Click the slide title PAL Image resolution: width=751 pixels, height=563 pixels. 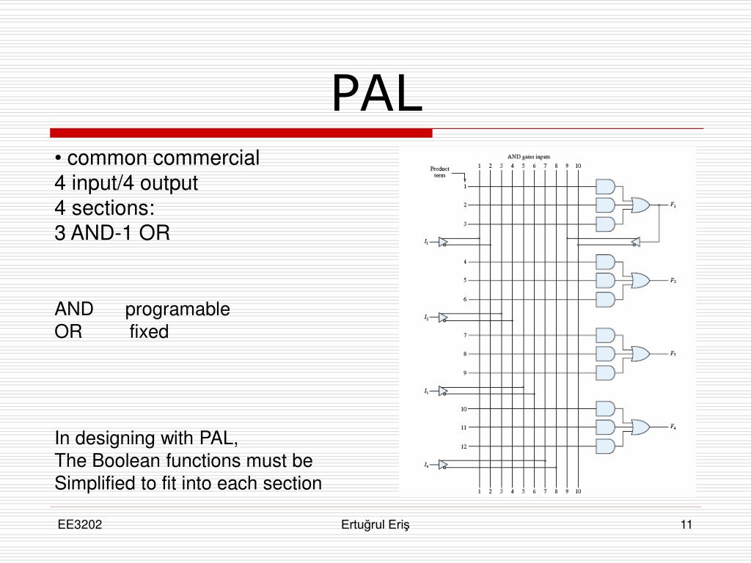377,95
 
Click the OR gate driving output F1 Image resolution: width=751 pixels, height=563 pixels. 639,205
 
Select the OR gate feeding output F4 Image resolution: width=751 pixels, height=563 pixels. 639,427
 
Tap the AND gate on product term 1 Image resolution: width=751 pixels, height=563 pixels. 605,186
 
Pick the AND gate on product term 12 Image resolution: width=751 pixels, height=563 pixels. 605,446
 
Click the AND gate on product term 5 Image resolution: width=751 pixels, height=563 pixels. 605,280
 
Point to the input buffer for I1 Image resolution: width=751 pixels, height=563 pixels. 443,242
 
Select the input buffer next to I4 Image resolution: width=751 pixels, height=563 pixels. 443,464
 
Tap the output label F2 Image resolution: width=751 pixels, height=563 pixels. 673,281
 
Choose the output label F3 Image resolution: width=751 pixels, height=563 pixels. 673,353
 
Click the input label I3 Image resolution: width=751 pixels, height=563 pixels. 426,391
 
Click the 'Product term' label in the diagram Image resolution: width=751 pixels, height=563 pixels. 439,172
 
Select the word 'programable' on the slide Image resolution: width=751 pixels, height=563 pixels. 177,309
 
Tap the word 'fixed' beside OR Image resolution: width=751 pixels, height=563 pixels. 149,332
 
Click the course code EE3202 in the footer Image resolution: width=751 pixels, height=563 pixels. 81,524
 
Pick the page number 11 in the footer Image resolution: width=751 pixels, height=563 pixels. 686,524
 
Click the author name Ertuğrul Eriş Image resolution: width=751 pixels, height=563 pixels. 376,524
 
